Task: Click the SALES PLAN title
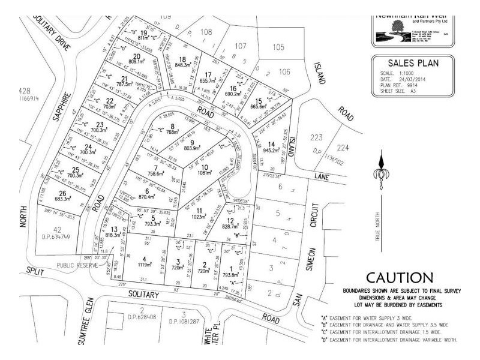[x=414, y=62]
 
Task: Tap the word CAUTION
[x=398, y=278]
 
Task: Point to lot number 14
[x=271, y=145]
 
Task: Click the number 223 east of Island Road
[x=316, y=137]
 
